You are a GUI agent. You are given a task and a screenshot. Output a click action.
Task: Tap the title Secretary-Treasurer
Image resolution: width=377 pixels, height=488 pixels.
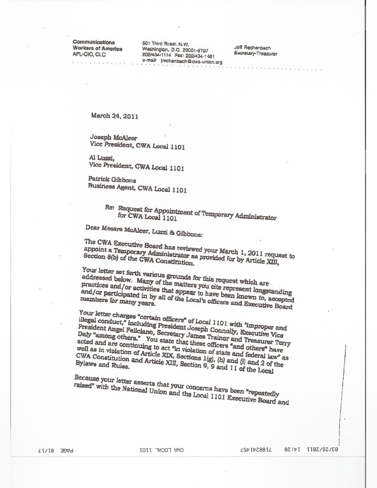click(255, 53)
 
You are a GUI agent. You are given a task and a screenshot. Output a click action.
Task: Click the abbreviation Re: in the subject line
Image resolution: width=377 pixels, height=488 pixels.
click(110, 208)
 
